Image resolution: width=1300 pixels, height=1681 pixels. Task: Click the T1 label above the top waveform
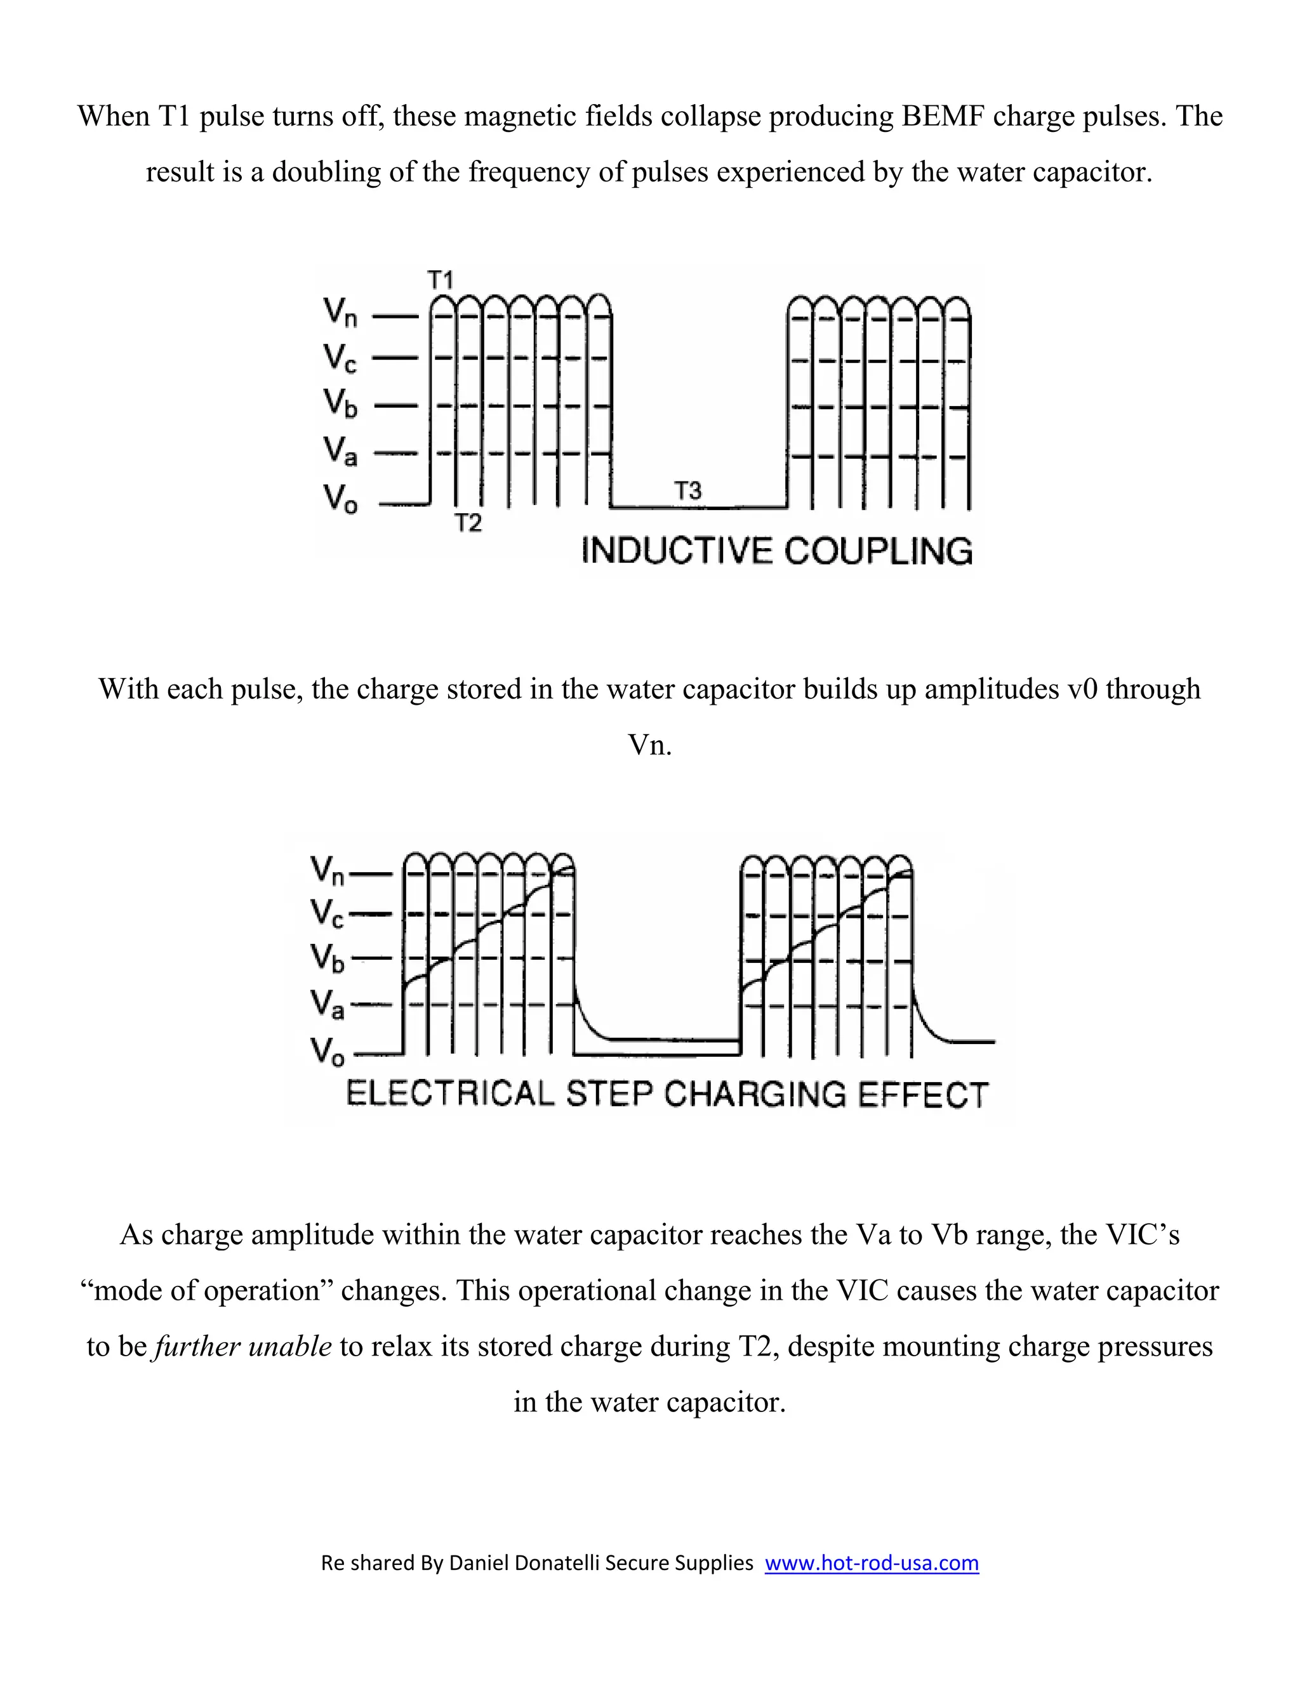[441, 280]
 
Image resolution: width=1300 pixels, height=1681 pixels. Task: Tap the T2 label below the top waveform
[467, 523]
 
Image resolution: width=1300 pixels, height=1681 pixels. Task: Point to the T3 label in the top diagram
[687, 491]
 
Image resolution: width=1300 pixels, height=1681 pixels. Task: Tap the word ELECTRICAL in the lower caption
[450, 1094]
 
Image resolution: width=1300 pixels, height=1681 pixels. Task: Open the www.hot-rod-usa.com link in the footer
[871, 1562]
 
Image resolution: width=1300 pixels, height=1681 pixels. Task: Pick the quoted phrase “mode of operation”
[206, 1291]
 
